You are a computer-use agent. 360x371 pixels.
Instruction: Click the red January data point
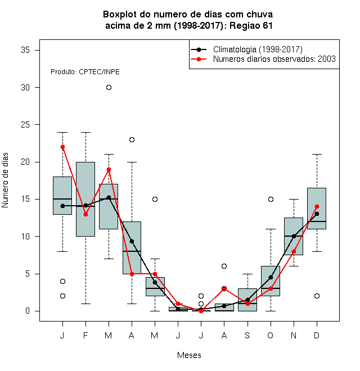click(62, 147)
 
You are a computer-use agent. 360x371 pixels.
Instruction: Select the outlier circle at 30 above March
click(109, 88)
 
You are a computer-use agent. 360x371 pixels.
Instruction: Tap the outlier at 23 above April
click(132, 139)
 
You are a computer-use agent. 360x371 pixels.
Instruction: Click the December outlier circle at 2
click(317, 296)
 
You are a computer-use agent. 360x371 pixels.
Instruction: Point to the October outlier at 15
click(271, 199)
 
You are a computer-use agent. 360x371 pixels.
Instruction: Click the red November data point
click(294, 251)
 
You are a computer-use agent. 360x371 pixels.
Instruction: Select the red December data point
click(317, 206)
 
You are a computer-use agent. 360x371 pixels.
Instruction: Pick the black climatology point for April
click(132, 241)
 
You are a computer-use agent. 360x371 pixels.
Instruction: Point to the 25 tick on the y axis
click(37, 125)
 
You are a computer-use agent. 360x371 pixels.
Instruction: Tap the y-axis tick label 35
click(25, 50)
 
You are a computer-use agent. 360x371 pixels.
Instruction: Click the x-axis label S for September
click(247, 335)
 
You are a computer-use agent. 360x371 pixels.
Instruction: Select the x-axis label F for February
click(85, 335)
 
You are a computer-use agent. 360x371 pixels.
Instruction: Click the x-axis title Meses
click(189, 355)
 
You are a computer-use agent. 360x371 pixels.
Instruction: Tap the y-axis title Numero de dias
click(5, 180)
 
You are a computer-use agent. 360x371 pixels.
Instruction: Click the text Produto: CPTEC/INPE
click(85, 72)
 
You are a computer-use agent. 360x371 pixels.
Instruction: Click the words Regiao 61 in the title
click(251, 25)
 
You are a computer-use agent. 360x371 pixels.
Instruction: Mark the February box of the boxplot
click(85, 199)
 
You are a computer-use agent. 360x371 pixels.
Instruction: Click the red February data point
click(85, 214)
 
